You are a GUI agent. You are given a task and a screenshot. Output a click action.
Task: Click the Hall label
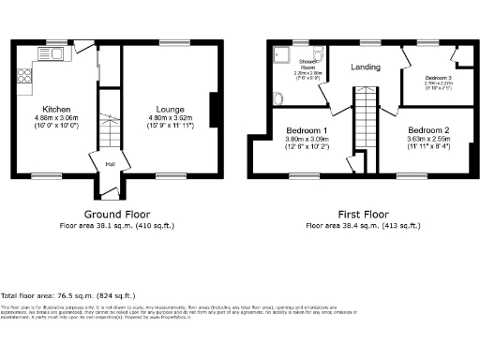click(110, 163)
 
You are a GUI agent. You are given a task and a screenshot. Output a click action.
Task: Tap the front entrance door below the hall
click(111, 192)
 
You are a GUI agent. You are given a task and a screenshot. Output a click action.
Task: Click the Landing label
click(365, 67)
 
